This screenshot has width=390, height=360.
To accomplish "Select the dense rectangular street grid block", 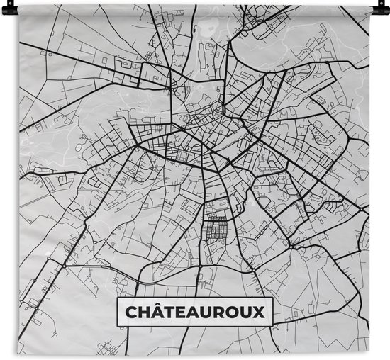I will pyautogui.click(x=217, y=230).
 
